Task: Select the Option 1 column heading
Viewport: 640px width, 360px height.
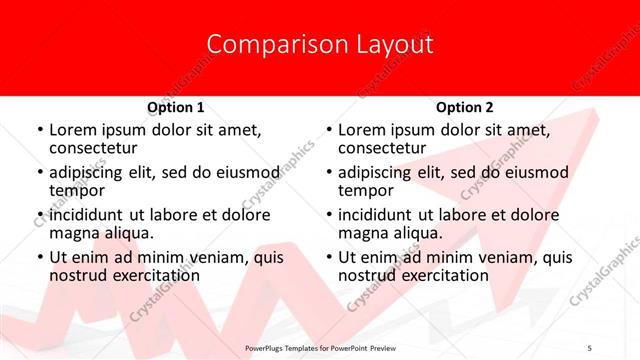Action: [176, 107]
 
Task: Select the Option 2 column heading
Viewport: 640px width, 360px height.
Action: [465, 107]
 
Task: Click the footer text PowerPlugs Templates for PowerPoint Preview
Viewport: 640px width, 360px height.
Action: [320, 347]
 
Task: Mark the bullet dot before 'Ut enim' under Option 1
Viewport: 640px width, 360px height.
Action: [39, 258]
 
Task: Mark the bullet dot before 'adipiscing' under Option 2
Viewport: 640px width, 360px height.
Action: [328, 173]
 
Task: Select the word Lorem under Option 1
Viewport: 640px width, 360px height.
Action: [72, 130]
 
